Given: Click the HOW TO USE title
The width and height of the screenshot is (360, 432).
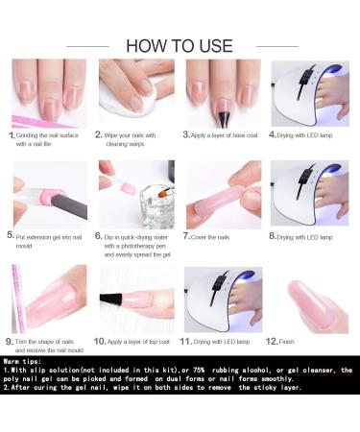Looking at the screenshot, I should (x=180, y=45).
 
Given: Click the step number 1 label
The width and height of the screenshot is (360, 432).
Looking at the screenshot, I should (x=12, y=135).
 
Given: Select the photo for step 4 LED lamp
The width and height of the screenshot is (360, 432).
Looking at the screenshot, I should (x=309, y=93).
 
